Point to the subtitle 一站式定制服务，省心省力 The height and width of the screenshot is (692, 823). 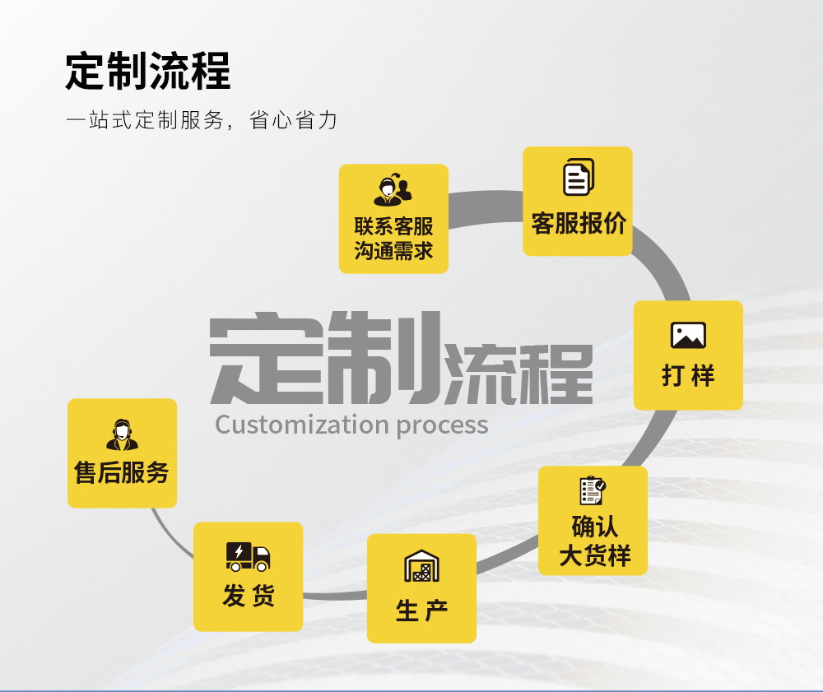202,120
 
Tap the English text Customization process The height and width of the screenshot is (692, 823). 351,425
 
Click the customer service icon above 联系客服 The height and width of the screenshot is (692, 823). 393,189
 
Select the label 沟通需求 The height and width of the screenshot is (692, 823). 393,251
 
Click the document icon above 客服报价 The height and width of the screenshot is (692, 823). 579,177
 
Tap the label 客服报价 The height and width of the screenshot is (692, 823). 579,224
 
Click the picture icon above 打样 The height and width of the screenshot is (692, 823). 688,335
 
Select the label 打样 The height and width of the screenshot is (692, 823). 688,376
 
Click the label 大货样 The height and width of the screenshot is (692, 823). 595,555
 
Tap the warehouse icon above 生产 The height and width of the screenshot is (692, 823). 421,565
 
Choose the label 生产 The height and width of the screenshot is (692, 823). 421,611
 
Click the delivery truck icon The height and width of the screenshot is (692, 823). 248,556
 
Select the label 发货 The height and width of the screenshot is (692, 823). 249,596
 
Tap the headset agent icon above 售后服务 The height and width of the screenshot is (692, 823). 123,435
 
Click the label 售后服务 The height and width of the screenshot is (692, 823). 122,472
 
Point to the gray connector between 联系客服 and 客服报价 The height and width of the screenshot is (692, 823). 486,207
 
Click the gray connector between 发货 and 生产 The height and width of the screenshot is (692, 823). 335,596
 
